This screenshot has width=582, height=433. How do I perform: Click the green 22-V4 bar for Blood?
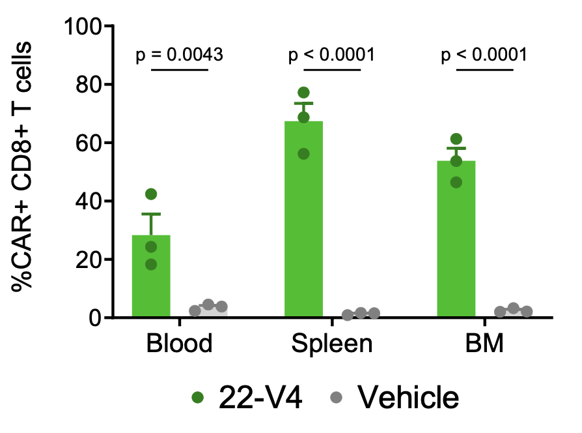pos(151,280)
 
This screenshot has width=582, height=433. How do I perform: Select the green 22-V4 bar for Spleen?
pos(303,222)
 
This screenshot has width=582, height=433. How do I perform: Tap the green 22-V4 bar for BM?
pos(456,241)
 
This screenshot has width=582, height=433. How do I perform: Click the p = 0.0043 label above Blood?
pos(180,55)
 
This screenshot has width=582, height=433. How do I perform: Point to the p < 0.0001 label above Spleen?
pos(332,55)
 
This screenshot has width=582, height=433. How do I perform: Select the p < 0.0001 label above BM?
pos(484,55)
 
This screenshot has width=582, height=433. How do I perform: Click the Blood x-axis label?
pos(180,344)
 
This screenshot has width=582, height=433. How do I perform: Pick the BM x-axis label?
pos(484,344)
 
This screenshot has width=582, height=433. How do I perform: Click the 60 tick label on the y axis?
pos(93,143)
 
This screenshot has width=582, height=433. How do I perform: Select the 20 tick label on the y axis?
pos(93,260)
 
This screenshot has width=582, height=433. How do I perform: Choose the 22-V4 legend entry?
pos(247,396)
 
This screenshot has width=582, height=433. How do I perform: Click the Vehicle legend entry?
pos(397,396)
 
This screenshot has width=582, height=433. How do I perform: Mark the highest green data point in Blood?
pos(151,194)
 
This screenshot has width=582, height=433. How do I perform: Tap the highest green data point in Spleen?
pos(303,93)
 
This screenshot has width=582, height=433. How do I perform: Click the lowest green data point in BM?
pos(456,183)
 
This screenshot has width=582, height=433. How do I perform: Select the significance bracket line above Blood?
pos(180,70)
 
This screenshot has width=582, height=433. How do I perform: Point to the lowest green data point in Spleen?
pos(303,154)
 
